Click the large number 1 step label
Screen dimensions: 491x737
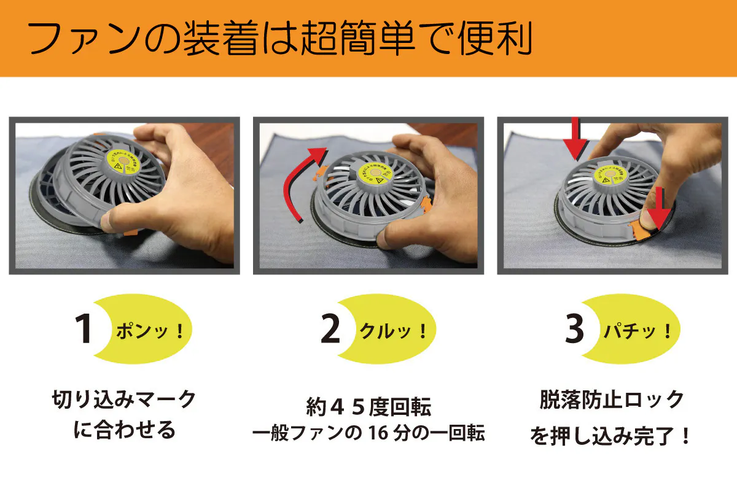[x=84, y=330]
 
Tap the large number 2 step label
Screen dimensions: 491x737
[x=330, y=330]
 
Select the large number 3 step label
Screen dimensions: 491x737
[x=574, y=330]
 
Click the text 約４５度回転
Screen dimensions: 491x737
[x=368, y=407]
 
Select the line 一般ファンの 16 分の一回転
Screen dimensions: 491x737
[x=368, y=433]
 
